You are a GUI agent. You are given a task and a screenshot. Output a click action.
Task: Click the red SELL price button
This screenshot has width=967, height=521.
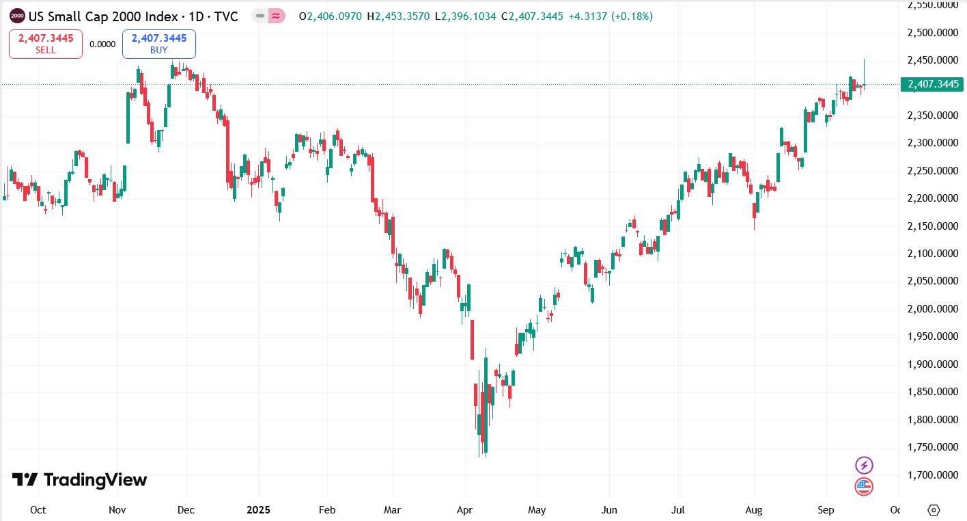pos(45,44)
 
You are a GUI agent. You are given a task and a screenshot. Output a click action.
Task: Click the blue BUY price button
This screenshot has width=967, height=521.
pos(158,44)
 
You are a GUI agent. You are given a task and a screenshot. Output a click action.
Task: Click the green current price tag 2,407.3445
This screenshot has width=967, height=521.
pos(932,84)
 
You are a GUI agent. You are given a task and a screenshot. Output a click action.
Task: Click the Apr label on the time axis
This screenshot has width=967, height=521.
pos(465,510)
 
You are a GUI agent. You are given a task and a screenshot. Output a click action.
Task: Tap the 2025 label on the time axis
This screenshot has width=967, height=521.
pos(259,510)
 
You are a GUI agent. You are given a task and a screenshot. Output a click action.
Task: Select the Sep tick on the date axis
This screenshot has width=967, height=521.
pos(826,510)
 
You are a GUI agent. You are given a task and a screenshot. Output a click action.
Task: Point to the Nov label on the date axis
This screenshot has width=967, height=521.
pos(117,510)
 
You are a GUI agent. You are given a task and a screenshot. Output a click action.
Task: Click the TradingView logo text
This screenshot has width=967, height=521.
pos(80,480)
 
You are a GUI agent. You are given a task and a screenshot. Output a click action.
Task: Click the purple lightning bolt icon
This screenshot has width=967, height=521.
pos(864,466)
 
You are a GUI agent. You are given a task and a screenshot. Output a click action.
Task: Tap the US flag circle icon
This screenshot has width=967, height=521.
pos(864,487)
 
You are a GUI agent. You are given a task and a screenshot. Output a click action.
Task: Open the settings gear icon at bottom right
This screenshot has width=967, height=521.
pos(934,510)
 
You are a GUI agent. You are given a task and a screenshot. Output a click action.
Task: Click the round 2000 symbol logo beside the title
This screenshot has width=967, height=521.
pos(17,16)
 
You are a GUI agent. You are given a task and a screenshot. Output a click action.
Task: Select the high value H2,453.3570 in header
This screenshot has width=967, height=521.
pos(399,16)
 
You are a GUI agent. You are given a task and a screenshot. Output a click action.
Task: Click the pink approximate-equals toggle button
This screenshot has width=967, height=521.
pos(277,16)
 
